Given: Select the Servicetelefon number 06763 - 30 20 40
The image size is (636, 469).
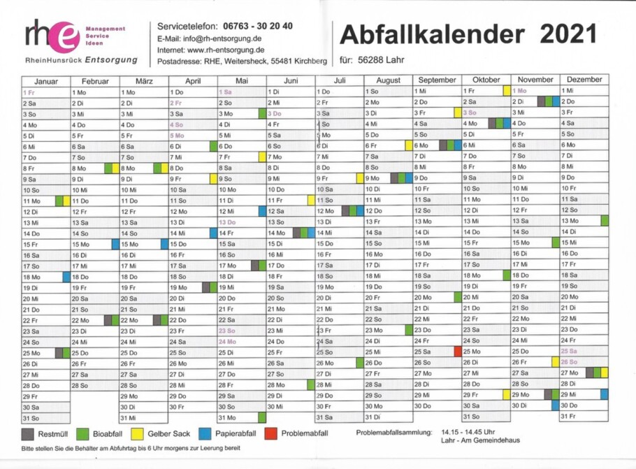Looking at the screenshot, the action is [x=258, y=27].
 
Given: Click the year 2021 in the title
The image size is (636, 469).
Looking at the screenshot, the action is [x=568, y=34].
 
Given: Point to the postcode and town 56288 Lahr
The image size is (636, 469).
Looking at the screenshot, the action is [x=381, y=60].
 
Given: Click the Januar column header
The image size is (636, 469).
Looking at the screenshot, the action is [x=46, y=82].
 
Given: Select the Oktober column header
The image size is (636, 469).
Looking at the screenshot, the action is [x=486, y=80].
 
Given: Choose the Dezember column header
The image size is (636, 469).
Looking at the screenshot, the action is [x=584, y=80].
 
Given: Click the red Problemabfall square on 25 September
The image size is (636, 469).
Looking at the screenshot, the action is [x=458, y=352].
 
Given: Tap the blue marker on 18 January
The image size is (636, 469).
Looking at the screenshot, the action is [x=66, y=277].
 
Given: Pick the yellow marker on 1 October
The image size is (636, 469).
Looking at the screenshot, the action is [x=507, y=90].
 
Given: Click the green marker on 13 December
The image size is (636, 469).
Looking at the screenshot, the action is [x=605, y=221].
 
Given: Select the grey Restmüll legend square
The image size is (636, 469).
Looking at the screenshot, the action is [x=27, y=434].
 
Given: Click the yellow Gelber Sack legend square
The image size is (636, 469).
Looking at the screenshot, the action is [x=138, y=434].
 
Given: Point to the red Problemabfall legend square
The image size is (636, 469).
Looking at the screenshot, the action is [x=270, y=434].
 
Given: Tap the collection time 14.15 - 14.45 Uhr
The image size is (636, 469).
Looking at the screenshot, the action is [x=468, y=432].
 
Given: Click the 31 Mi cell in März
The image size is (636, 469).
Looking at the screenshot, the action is [x=144, y=418].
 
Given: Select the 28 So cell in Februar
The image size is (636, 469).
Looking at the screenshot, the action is [x=95, y=385].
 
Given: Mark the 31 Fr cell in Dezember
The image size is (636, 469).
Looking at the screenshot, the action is [x=584, y=417].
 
